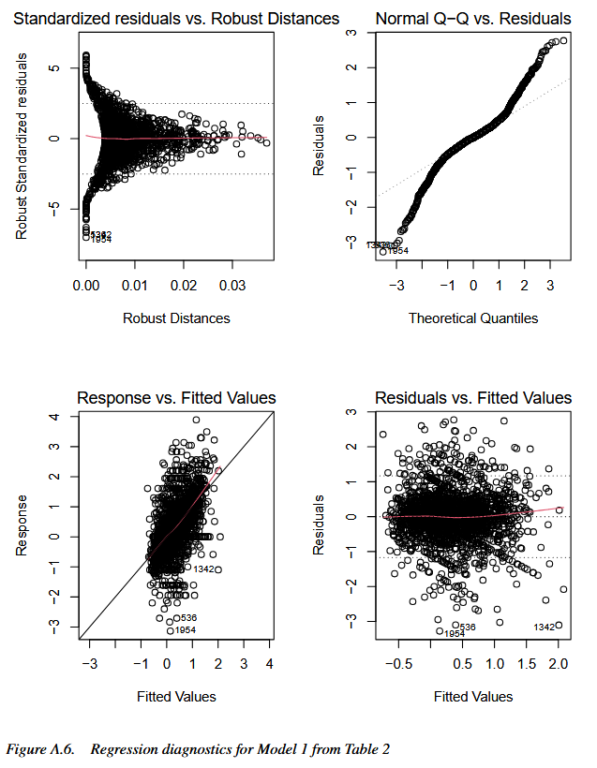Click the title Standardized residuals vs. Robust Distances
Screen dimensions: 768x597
coord(177,19)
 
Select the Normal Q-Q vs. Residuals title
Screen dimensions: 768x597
coord(473,19)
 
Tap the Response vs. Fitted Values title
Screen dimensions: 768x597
coord(176,398)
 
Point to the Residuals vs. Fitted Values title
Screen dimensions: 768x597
coord(473,398)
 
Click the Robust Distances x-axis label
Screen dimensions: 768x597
coord(176,318)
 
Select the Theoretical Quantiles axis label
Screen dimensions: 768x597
coord(473,318)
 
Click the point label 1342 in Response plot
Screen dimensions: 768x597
coord(205,569)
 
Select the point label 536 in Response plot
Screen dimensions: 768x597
coord(186,618)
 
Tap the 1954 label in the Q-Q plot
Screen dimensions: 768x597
coord(397,251)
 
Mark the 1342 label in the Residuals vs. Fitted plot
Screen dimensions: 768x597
coord(545,627)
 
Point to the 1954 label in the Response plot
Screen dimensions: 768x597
coord(185,630)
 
